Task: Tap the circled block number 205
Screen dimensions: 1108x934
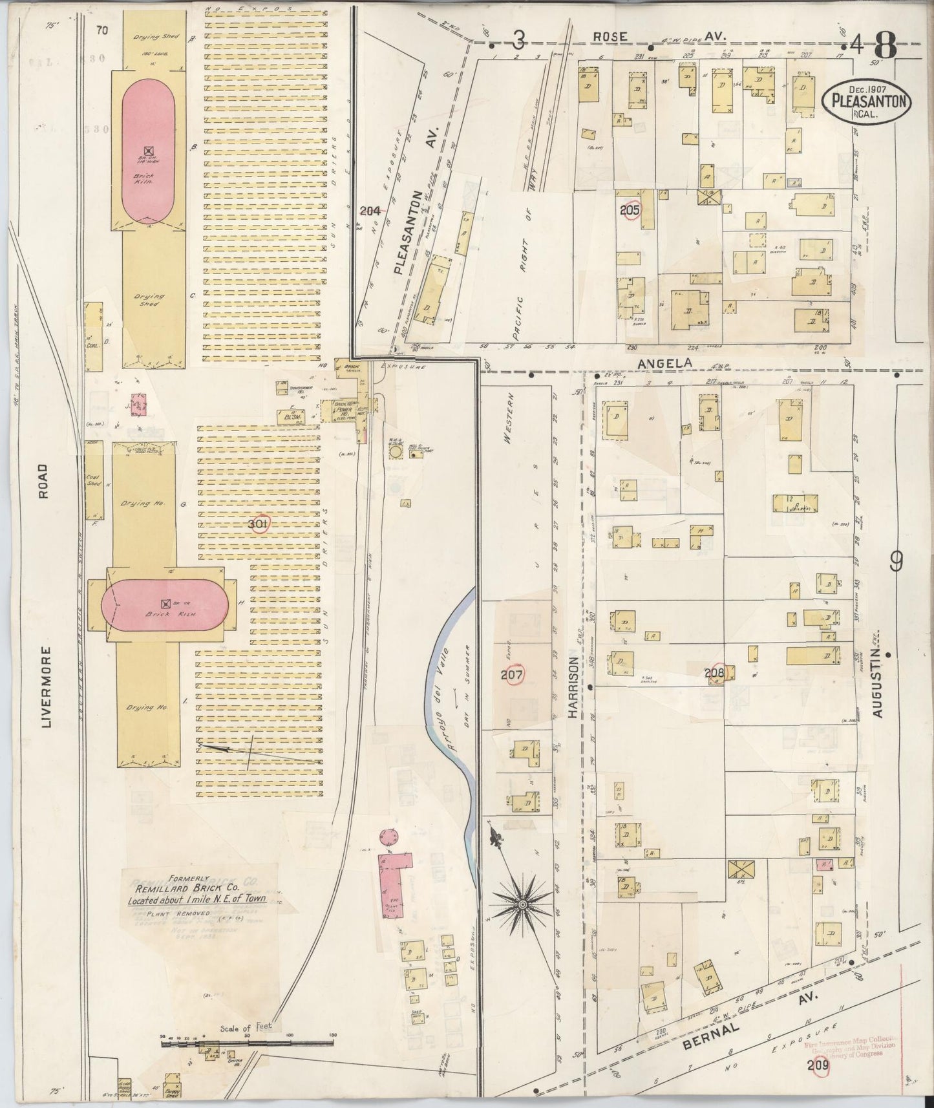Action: click(629, 210)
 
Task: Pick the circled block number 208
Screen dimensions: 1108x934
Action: click(716, 673)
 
